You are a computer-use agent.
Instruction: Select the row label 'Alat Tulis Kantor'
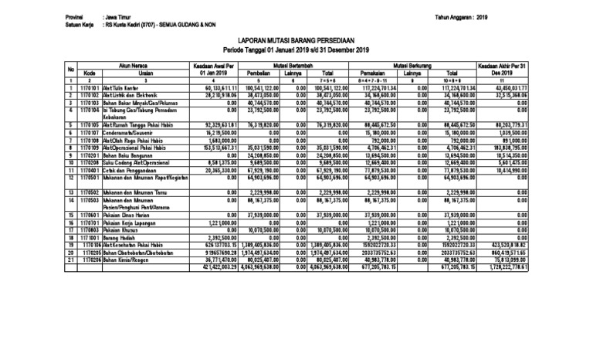[x=115, y=88]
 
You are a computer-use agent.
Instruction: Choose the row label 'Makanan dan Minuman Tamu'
[x=127, y=190]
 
